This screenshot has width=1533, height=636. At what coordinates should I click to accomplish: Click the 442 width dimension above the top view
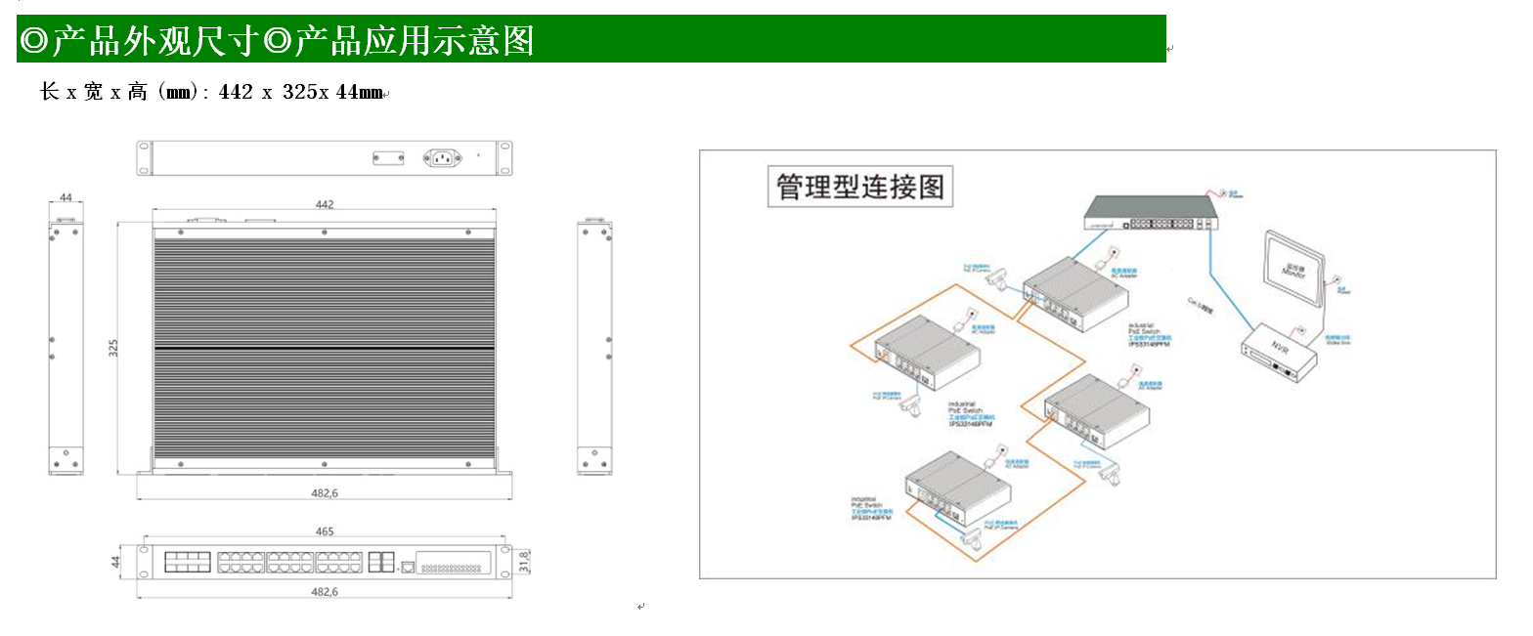[x=325, y=204]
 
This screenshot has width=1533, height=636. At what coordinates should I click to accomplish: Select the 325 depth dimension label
[x=113, y=348]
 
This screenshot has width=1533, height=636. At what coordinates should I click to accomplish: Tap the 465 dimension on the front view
[x=325, y=531]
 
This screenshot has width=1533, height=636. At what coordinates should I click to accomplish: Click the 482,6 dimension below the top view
[x=325, y=493]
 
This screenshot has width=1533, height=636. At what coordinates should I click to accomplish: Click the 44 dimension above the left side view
[x=66, y=197]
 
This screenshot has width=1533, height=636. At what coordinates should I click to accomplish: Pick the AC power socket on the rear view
[x=441, y=157]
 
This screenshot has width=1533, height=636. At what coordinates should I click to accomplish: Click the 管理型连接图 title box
[x=860, y=187]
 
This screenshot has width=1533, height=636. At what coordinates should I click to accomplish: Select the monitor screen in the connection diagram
[x=1294, y=262]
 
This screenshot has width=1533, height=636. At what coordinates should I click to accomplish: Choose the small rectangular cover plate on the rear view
[x=387, y=157]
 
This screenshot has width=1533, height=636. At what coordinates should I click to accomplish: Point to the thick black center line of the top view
[x=325, y=349]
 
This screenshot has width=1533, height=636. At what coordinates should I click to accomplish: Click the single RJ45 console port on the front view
[x=408, y=566]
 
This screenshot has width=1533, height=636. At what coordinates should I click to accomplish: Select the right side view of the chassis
[x=594, y=348]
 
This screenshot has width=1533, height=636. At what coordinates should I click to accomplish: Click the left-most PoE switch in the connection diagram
[x=926, y=353]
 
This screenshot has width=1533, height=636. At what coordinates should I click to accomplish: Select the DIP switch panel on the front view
[x=454, y=564]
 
